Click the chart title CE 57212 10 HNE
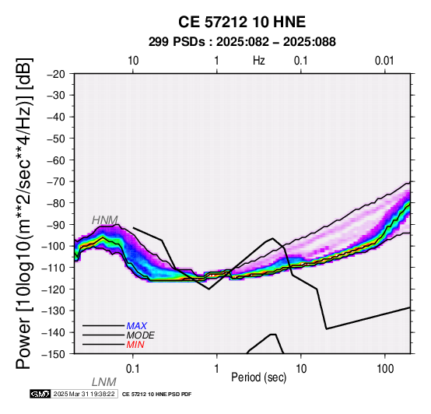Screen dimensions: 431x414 [x=242, y=22]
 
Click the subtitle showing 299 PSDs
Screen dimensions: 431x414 [x=242, y=42]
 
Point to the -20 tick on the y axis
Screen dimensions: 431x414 [x=57, y=74]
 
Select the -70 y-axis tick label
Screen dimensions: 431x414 [x=57, y=181]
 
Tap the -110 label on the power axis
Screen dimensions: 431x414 [x=54, y=268]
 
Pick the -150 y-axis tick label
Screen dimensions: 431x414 [x=54, y=354]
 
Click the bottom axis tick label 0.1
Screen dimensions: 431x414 [x=133, y=369]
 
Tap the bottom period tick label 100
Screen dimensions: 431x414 [x=385, y=369]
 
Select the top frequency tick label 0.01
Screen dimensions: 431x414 [x=384, y=61]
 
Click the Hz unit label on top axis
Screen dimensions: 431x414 [x=259, y=61]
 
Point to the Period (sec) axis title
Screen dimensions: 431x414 [x=258, y=377]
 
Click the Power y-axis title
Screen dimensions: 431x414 [x=24, y=213]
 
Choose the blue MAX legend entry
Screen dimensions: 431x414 [x=137, y=326]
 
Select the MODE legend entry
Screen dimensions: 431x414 [x=141, y=335]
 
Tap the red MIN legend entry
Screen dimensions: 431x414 [x=135, y=345]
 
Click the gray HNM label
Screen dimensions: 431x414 [x=105, y=220]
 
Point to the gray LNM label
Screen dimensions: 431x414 [x=104, y=382]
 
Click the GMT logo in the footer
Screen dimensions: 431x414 [x=40, y=394]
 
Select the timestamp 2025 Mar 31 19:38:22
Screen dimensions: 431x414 [x=84, y=394]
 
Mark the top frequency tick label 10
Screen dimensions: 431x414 [x=133, y=61]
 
